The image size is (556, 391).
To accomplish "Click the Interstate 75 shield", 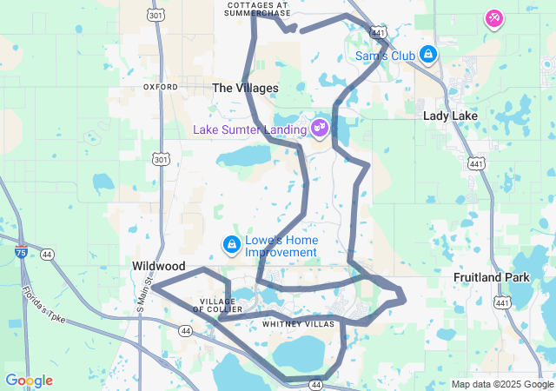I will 21,253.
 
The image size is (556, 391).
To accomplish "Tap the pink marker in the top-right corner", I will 493,18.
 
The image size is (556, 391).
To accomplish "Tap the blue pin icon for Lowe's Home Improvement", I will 231,246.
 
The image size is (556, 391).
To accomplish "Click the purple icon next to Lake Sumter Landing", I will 320,129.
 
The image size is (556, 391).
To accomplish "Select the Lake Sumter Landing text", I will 250,129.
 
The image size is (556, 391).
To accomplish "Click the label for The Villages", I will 246,88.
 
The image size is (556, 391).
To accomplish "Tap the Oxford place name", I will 161,87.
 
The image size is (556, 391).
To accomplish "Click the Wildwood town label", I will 159,266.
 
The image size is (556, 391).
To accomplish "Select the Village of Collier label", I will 217,306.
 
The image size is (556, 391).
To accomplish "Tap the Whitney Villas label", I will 298,324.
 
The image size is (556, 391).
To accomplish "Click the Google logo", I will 29,381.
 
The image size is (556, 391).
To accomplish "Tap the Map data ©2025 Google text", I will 502,384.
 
